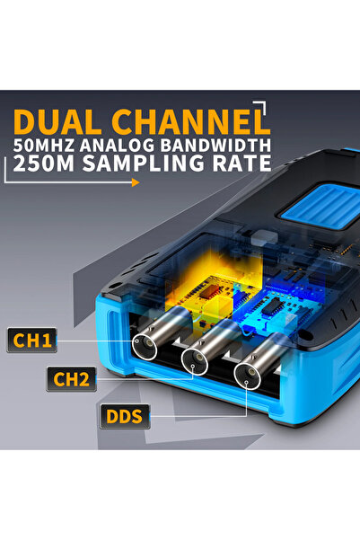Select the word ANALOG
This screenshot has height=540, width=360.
[118, 146]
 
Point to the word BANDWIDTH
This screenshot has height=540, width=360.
[215, 146]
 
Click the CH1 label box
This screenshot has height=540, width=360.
[31, 340]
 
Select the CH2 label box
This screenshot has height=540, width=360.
[71, 379]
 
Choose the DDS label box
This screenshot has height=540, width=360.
[125, 416]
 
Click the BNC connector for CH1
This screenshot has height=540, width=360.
[145, 345]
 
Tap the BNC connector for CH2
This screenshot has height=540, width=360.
[195, 361]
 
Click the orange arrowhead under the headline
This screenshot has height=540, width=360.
[136, 182]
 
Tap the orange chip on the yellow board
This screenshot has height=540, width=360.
[209, 292]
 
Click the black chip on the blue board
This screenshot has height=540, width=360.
[272, 306]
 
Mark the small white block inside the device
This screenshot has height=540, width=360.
[264, 237]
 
